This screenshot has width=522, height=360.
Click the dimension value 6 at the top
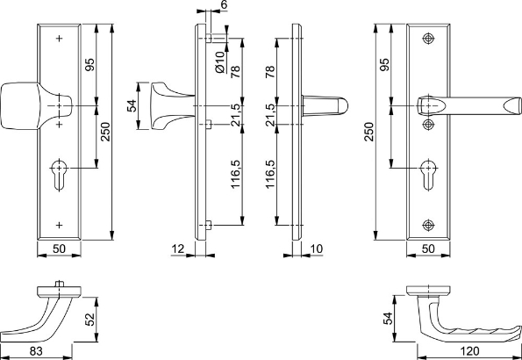[224, 6]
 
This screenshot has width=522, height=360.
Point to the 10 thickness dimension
[316, 250]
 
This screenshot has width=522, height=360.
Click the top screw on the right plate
[427, 40]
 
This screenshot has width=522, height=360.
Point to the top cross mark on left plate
[60, 40]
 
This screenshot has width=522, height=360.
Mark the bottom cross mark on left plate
[60, 220]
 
